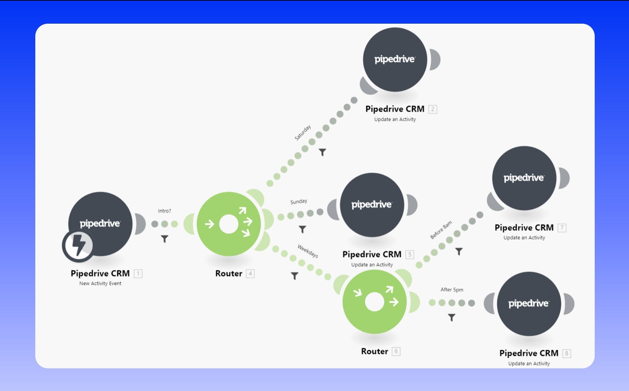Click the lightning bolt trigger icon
[78, 245]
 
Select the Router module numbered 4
[229, 224]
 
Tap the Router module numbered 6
[374, 302]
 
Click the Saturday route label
[303, 132]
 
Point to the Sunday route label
[299, 201]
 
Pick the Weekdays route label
[308, 251]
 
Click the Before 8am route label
[441, 230]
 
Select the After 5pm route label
[452, 290]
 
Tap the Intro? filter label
[164, 211]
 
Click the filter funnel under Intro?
[164, 239]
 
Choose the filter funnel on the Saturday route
[322, 152]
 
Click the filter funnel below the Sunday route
[302, 229]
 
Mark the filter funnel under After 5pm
[452, 317]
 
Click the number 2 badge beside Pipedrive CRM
[433, 109]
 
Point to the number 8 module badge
[566, 353]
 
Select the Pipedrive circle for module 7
[524, 178]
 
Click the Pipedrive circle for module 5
[372, 205]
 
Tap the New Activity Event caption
[100, 283]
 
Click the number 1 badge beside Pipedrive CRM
[138, 274]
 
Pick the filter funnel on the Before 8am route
[459, 251]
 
